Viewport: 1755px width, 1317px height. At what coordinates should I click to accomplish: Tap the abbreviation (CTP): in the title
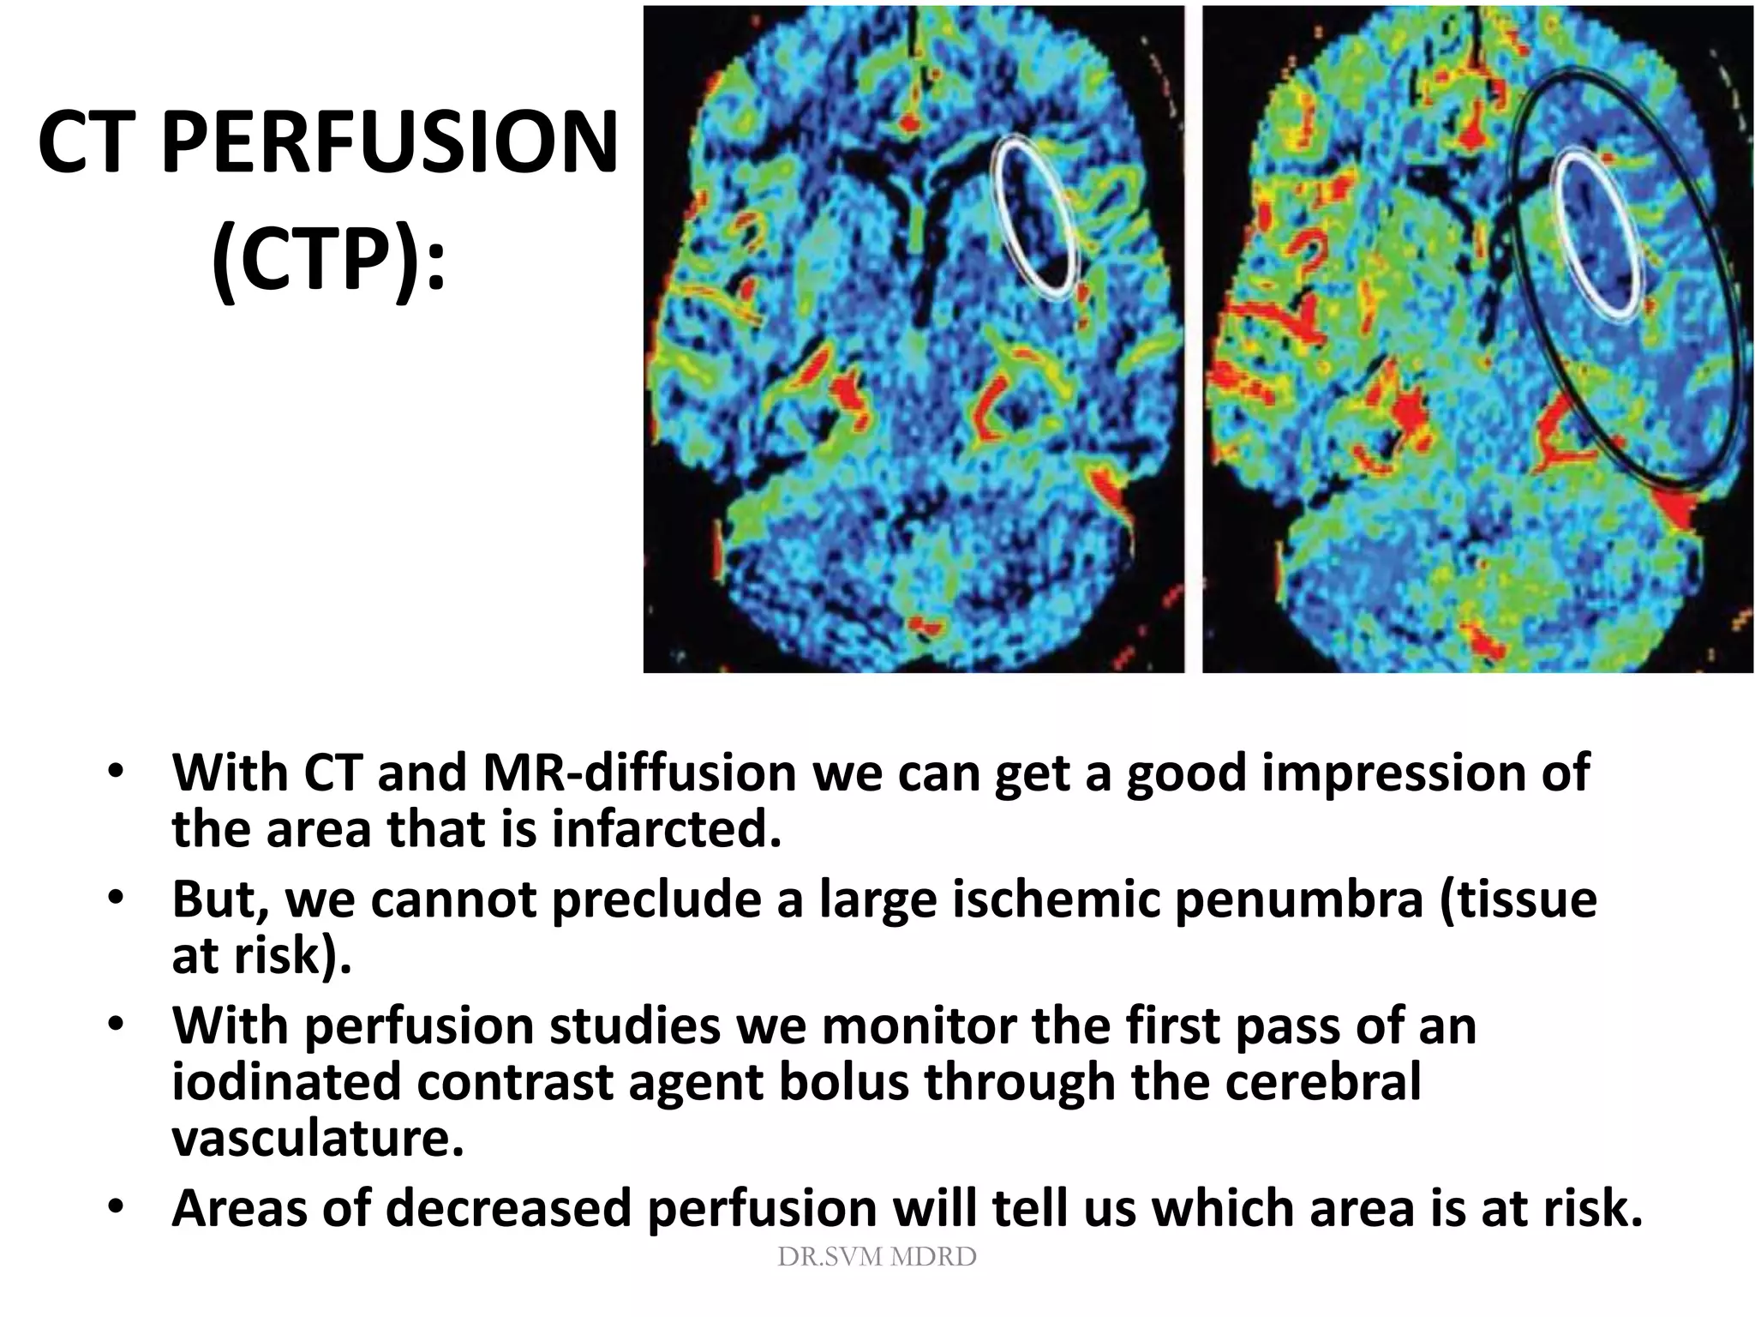click(x=328, y=255)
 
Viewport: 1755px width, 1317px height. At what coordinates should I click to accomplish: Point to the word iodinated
click(x=286, y=1081)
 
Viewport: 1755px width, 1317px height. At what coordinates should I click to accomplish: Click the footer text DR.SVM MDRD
click(x=877, y=1257)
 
